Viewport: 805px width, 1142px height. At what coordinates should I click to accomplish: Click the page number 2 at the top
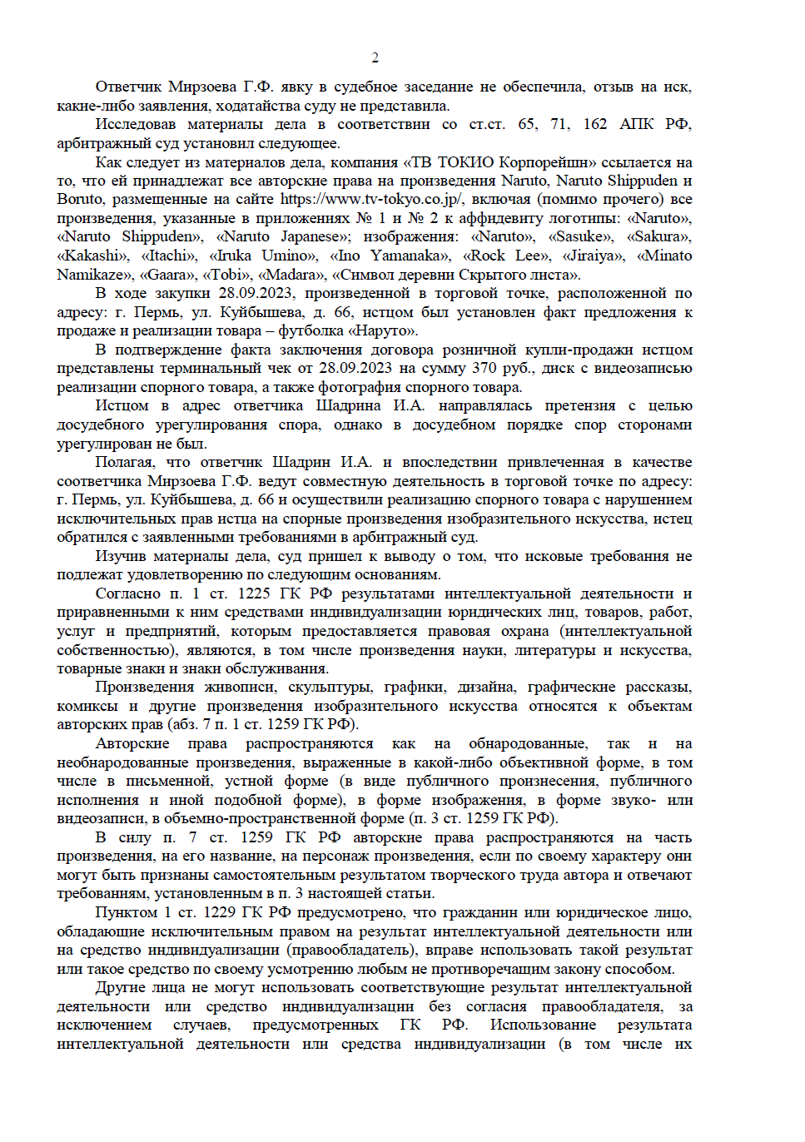pyautogui.click(x=375, y=57)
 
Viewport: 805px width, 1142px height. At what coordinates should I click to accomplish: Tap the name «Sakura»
pyautogui.click(x=659, y=236)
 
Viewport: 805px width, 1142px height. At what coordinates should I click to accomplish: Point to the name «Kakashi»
pyautogui.click(x=92, y=256)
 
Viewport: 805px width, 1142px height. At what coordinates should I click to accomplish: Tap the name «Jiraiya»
pyautogui.click(x=593, y=256)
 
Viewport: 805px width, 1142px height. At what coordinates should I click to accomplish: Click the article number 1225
pyautogui.click(x=254, y=593)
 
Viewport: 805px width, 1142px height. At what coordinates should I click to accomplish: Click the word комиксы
pyautogui.click(x=87, y=706)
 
